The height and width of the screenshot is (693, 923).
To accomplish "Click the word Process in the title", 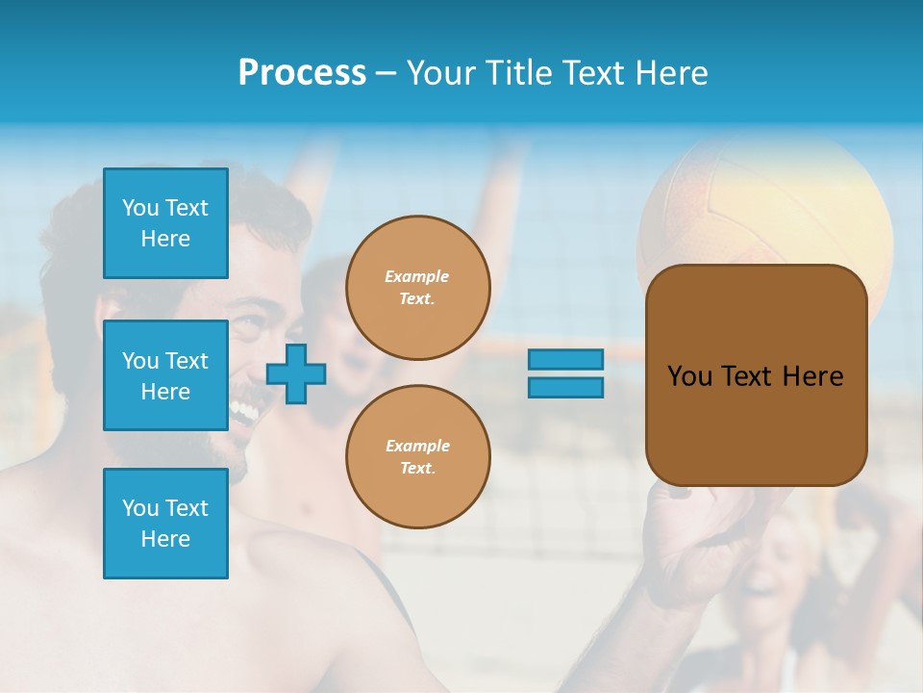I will tap(302, 73).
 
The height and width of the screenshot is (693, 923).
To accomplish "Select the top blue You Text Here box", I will tap(165, 223).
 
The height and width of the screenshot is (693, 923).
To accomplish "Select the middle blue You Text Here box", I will tap(165, 375).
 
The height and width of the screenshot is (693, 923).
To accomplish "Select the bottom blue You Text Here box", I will tap(165, 524).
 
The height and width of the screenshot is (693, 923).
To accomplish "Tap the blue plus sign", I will tap(296, 373).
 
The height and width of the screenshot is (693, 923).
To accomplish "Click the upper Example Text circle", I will tap(417, 288).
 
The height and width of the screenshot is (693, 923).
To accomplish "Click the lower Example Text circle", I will tap(417, 457).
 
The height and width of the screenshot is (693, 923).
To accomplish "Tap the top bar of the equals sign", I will tap(565, 360).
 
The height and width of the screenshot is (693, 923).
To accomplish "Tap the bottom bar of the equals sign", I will tap(565, 387).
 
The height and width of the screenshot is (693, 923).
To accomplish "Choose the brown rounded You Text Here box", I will tap(756, 375).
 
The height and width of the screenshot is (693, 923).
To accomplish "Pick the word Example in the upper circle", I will tap(417, 277).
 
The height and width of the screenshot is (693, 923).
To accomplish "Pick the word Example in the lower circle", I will tap(417, 447).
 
